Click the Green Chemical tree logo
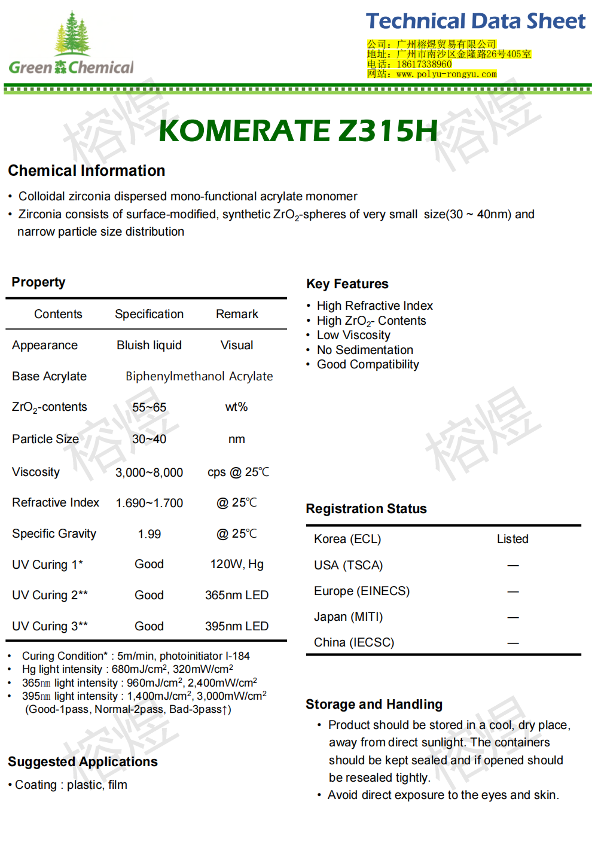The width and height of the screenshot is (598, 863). (72, 43)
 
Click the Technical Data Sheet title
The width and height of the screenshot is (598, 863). (475, 22)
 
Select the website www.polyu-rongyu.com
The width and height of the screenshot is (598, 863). (446, 74)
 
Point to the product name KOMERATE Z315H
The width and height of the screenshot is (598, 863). (298, 131)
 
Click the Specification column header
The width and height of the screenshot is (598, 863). (149, 314)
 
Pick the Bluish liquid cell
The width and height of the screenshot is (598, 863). (149, 345)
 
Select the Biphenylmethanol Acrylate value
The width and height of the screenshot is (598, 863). (199, 376)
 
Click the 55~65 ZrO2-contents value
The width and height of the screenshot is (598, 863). (149, 407)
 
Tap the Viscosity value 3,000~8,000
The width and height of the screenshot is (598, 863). (149, 472)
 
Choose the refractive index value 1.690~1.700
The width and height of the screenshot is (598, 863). (149, 503)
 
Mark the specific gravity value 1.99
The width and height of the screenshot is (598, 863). (149, 534)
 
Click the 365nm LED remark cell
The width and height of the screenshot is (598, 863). (237, 595)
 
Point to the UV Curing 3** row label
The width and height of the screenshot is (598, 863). (50, 626)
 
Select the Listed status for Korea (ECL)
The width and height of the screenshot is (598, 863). (512, 539)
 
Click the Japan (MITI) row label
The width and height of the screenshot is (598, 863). (348, 617)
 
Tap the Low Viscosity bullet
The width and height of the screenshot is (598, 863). (353, 335)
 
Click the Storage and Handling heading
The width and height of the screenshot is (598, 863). (374, 705)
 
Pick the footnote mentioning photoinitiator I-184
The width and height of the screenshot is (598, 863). (136, 656)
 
